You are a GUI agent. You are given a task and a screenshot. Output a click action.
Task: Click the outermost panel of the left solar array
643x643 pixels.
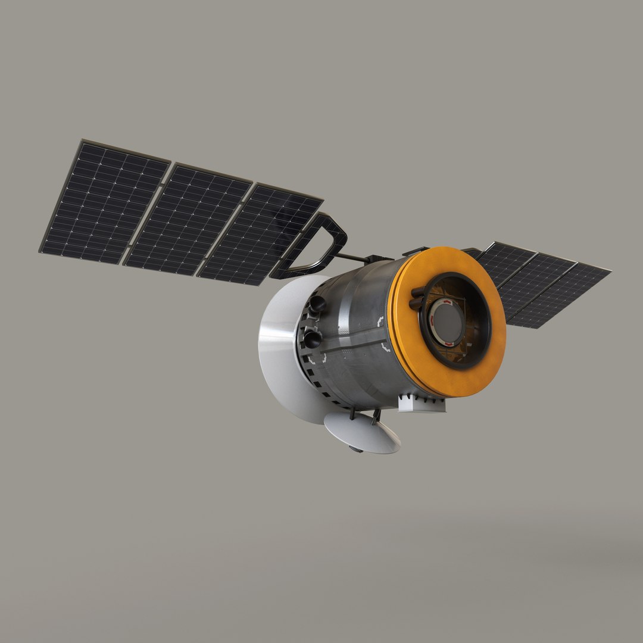pyautogui.click(x=105, y=203)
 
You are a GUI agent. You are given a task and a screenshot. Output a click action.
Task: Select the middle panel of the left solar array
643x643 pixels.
pyautogui.click(x=187, y=220)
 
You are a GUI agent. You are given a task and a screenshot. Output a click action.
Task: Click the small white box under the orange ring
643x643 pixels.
pyautogui.click(x=420, y=404)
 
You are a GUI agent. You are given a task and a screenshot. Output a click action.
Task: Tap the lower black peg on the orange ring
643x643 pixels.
pyautogui.click(x=416, y=304)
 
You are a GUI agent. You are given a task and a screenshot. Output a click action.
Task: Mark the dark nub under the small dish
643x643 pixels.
pyautogui.click(x=356, y=448)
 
